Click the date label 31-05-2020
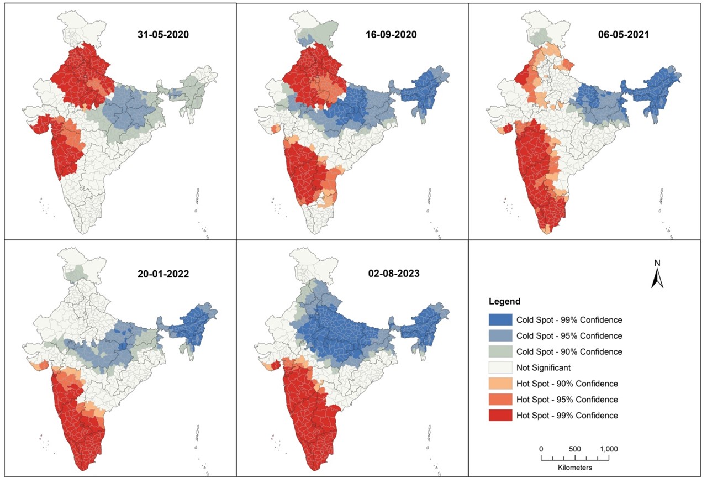(163, 34)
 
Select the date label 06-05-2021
(622, 34)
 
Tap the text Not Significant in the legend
(544, 368)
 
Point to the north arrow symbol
(657, 279)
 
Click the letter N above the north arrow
(657, 262)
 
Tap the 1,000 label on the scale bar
(608, 449)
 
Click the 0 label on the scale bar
(541, 449)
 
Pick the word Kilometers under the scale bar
(574, 468)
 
